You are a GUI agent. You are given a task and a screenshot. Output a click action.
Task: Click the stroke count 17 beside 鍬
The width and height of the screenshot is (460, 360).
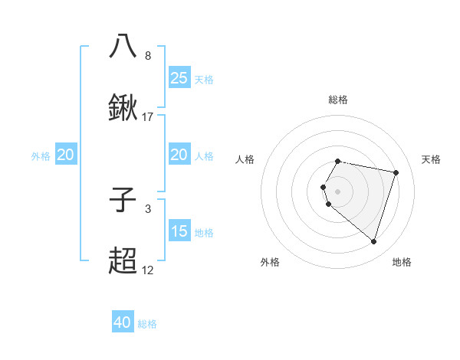pyautogui.click(x=148, y=117)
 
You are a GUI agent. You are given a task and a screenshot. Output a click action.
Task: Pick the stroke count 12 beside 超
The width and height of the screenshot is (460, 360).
pyautogui.click(x=148, y=270)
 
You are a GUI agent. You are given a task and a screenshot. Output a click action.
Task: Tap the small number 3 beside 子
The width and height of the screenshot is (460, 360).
pyautogui.click(x=148, y=208)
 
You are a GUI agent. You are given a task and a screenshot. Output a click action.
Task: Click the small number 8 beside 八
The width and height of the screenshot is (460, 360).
pyautogui.click(x=148, y=56)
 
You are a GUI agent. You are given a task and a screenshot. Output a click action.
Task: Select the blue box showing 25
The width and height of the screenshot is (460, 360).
pyautogui.click(x=179, y=77)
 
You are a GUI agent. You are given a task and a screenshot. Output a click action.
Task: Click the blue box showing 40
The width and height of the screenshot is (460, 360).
pyautogui.click(x=123, y=322)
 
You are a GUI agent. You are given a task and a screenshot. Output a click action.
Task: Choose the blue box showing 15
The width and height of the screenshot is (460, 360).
pyautogui.click(x=179, y=231)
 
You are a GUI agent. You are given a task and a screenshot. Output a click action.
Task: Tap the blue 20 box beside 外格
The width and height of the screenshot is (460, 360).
pyautogui.click(x=66, y=155)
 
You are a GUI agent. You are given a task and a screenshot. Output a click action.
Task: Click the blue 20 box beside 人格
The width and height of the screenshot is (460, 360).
pyautogui.click(x=179, y=155)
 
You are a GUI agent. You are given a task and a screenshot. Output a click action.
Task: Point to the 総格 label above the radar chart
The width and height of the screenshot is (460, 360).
pyautogui.click(x=338, y=100)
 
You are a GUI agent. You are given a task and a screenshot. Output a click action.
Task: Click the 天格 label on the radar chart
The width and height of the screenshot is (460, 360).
pyautogui.click(x=432, y=159)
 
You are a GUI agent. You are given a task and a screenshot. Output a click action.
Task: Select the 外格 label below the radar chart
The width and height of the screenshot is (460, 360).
pyautogui.click(x=270, y=262)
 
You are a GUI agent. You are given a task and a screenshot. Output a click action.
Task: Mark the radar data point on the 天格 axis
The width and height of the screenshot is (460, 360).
pyautogui.click(x=396, y=172)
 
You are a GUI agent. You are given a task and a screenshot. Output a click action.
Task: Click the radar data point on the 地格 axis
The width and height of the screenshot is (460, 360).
pyautogui.click(x=373, y=242)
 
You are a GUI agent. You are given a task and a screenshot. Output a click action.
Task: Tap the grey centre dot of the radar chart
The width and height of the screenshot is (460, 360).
pyautogui.click(x=338, y=191)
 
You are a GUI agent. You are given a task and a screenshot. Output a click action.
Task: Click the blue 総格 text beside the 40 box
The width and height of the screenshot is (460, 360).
pyautogui.click(x=148, y=324)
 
